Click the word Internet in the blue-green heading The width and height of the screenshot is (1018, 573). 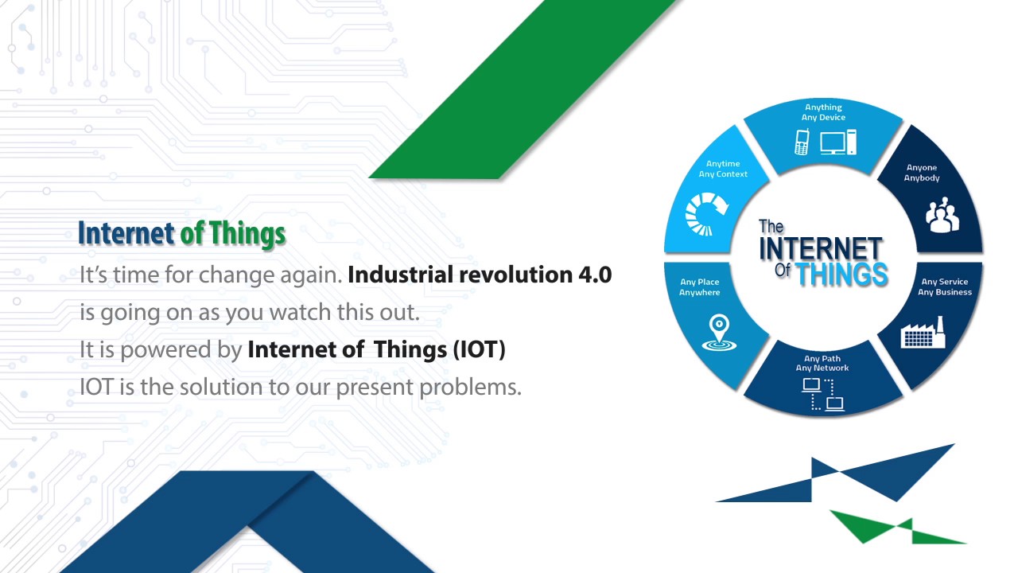pyautogui.click(x=126, y=234)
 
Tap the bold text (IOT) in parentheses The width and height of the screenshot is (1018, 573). pyautogui.click(x=479, y=350)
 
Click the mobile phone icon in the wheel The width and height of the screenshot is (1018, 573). pyautogui.click(x=802, y=142)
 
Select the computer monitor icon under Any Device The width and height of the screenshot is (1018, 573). pyautogui.click(x=833, y=142)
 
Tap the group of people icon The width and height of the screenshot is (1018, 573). pyautogui.click(x=942, y=216)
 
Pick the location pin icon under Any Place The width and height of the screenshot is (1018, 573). pyautogui.click(x=719, y=333)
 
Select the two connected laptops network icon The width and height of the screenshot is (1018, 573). pyautogui.click(x=822, y=395)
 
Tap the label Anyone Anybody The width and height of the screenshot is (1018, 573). pyautogui.click(x=922, y=173)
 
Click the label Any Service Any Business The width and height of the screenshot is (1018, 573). pyautogui.click(x=945, y=286)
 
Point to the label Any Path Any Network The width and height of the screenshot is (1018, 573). pyautogui.click(x=822, y=363)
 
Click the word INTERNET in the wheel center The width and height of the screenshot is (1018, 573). pyautogui.click(x=820, y=248)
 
